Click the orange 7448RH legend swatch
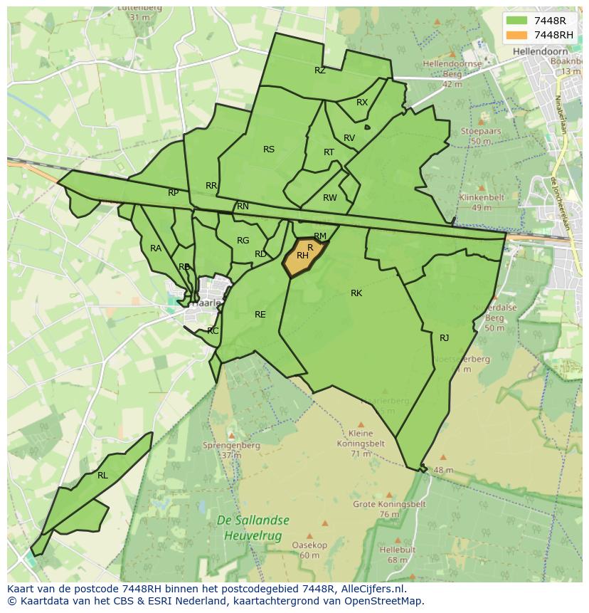click(517, 35)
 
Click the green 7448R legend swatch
click(517, 21)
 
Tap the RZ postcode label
click(320, 70)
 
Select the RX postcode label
click(362, 103)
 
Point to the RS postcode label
click(269, 150)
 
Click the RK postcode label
click(356, 293)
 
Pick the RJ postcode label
click(445, 338)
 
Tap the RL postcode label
click(102, 476)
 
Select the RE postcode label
click(260, 315)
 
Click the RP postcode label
click(174, 193)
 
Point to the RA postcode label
click(156, 248)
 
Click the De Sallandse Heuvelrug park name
click(249, 529)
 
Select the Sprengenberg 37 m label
click(221, 450)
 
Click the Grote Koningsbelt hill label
click(389, 508)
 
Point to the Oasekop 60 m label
click(309, 550)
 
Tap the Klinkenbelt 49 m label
click(482, 202)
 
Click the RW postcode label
click(329, 198)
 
